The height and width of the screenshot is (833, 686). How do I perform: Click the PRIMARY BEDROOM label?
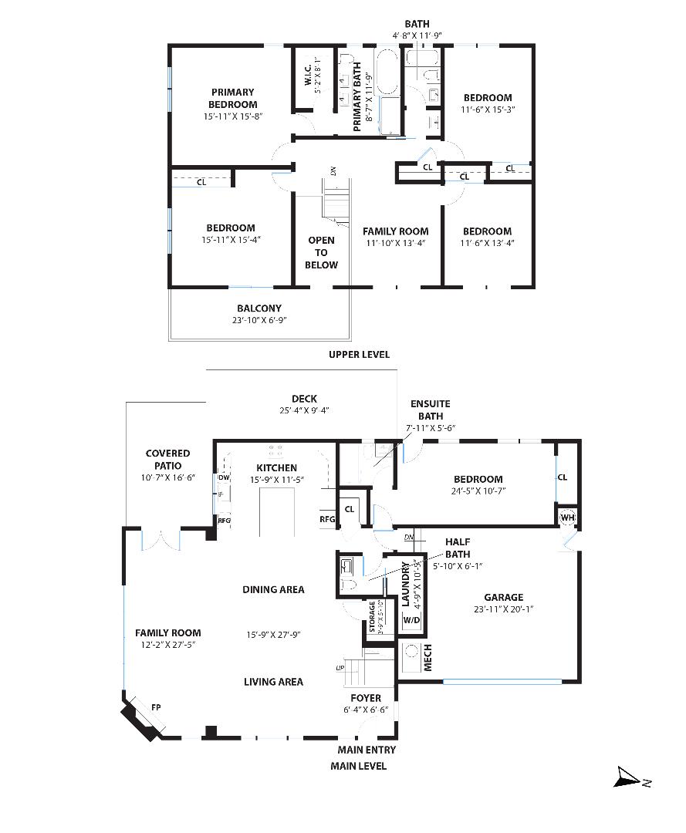[x=231, y=98]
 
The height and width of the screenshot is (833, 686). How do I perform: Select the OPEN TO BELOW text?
[x=321, y=252]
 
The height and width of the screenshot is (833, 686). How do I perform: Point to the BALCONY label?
[x=259, y=308]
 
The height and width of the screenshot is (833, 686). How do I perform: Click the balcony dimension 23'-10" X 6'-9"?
[x=259, y=320]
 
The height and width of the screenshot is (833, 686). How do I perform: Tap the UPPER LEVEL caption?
[x=359, y=354]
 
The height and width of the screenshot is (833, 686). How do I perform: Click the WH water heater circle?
[x=567, y=517]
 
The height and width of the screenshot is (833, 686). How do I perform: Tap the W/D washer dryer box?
[x=412, y=620]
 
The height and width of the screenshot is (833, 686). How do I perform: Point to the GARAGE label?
[x=503, y=597]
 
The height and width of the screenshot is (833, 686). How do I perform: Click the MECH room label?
[x=427, y=657]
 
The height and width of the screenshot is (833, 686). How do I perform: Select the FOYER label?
[x=366, y=698]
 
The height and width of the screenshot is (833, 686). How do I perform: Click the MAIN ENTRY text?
[x=367, y=750]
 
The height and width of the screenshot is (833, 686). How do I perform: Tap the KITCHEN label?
[x=275, y=467]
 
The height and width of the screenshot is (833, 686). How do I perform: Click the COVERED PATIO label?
[x=168, y=460]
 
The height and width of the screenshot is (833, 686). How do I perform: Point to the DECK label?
[x=304, y=399]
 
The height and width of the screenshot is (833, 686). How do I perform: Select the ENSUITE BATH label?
[x=430, y=410]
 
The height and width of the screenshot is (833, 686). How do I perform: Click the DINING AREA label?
[x=273, y=589]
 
